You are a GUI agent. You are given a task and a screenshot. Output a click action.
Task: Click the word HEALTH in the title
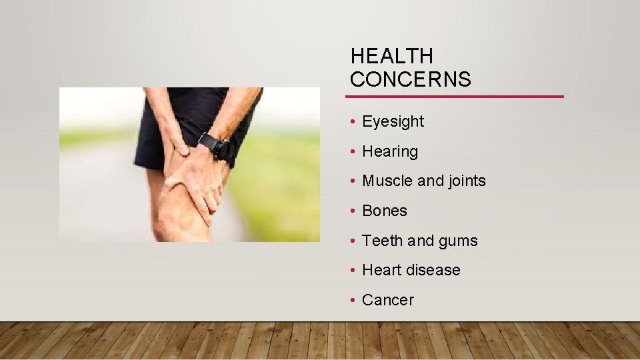pyautogui.click(x=391, y=56)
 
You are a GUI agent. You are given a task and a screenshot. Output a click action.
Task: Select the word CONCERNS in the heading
pyautogui.click(x=410, y=79)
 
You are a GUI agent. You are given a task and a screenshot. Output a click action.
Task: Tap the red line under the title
pyautogui.click(x=457, y=97)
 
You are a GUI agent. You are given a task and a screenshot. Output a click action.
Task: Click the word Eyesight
pyautogui.click(x=393, y=121)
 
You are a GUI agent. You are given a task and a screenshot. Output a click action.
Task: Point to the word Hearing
pyautogui.click(x=390, y=151)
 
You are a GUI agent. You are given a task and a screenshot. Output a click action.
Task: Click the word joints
pyautogui.click(x=464, y=181)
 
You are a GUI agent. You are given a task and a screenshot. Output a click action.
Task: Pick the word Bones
pyautogui.click(x=384, y=211)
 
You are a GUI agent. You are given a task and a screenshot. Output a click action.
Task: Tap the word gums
pyautogui.click(x=459, y=241)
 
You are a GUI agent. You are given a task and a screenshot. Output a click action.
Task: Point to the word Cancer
pyautogui.click(x=387, y=300)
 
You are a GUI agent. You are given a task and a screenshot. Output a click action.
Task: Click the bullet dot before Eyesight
pyautogui.click(x=352, y=122)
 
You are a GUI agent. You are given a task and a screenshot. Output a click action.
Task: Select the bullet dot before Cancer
pyautogui.click(x=352, y=301)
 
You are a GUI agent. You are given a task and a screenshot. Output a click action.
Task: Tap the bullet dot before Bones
pyautogui.click(x=352, y=211)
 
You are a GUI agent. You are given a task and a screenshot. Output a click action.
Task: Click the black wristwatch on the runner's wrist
pyautogui.click(x=214, y=145)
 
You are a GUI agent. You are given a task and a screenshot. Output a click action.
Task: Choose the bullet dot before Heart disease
pyautogui.click(x=352, y=271)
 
